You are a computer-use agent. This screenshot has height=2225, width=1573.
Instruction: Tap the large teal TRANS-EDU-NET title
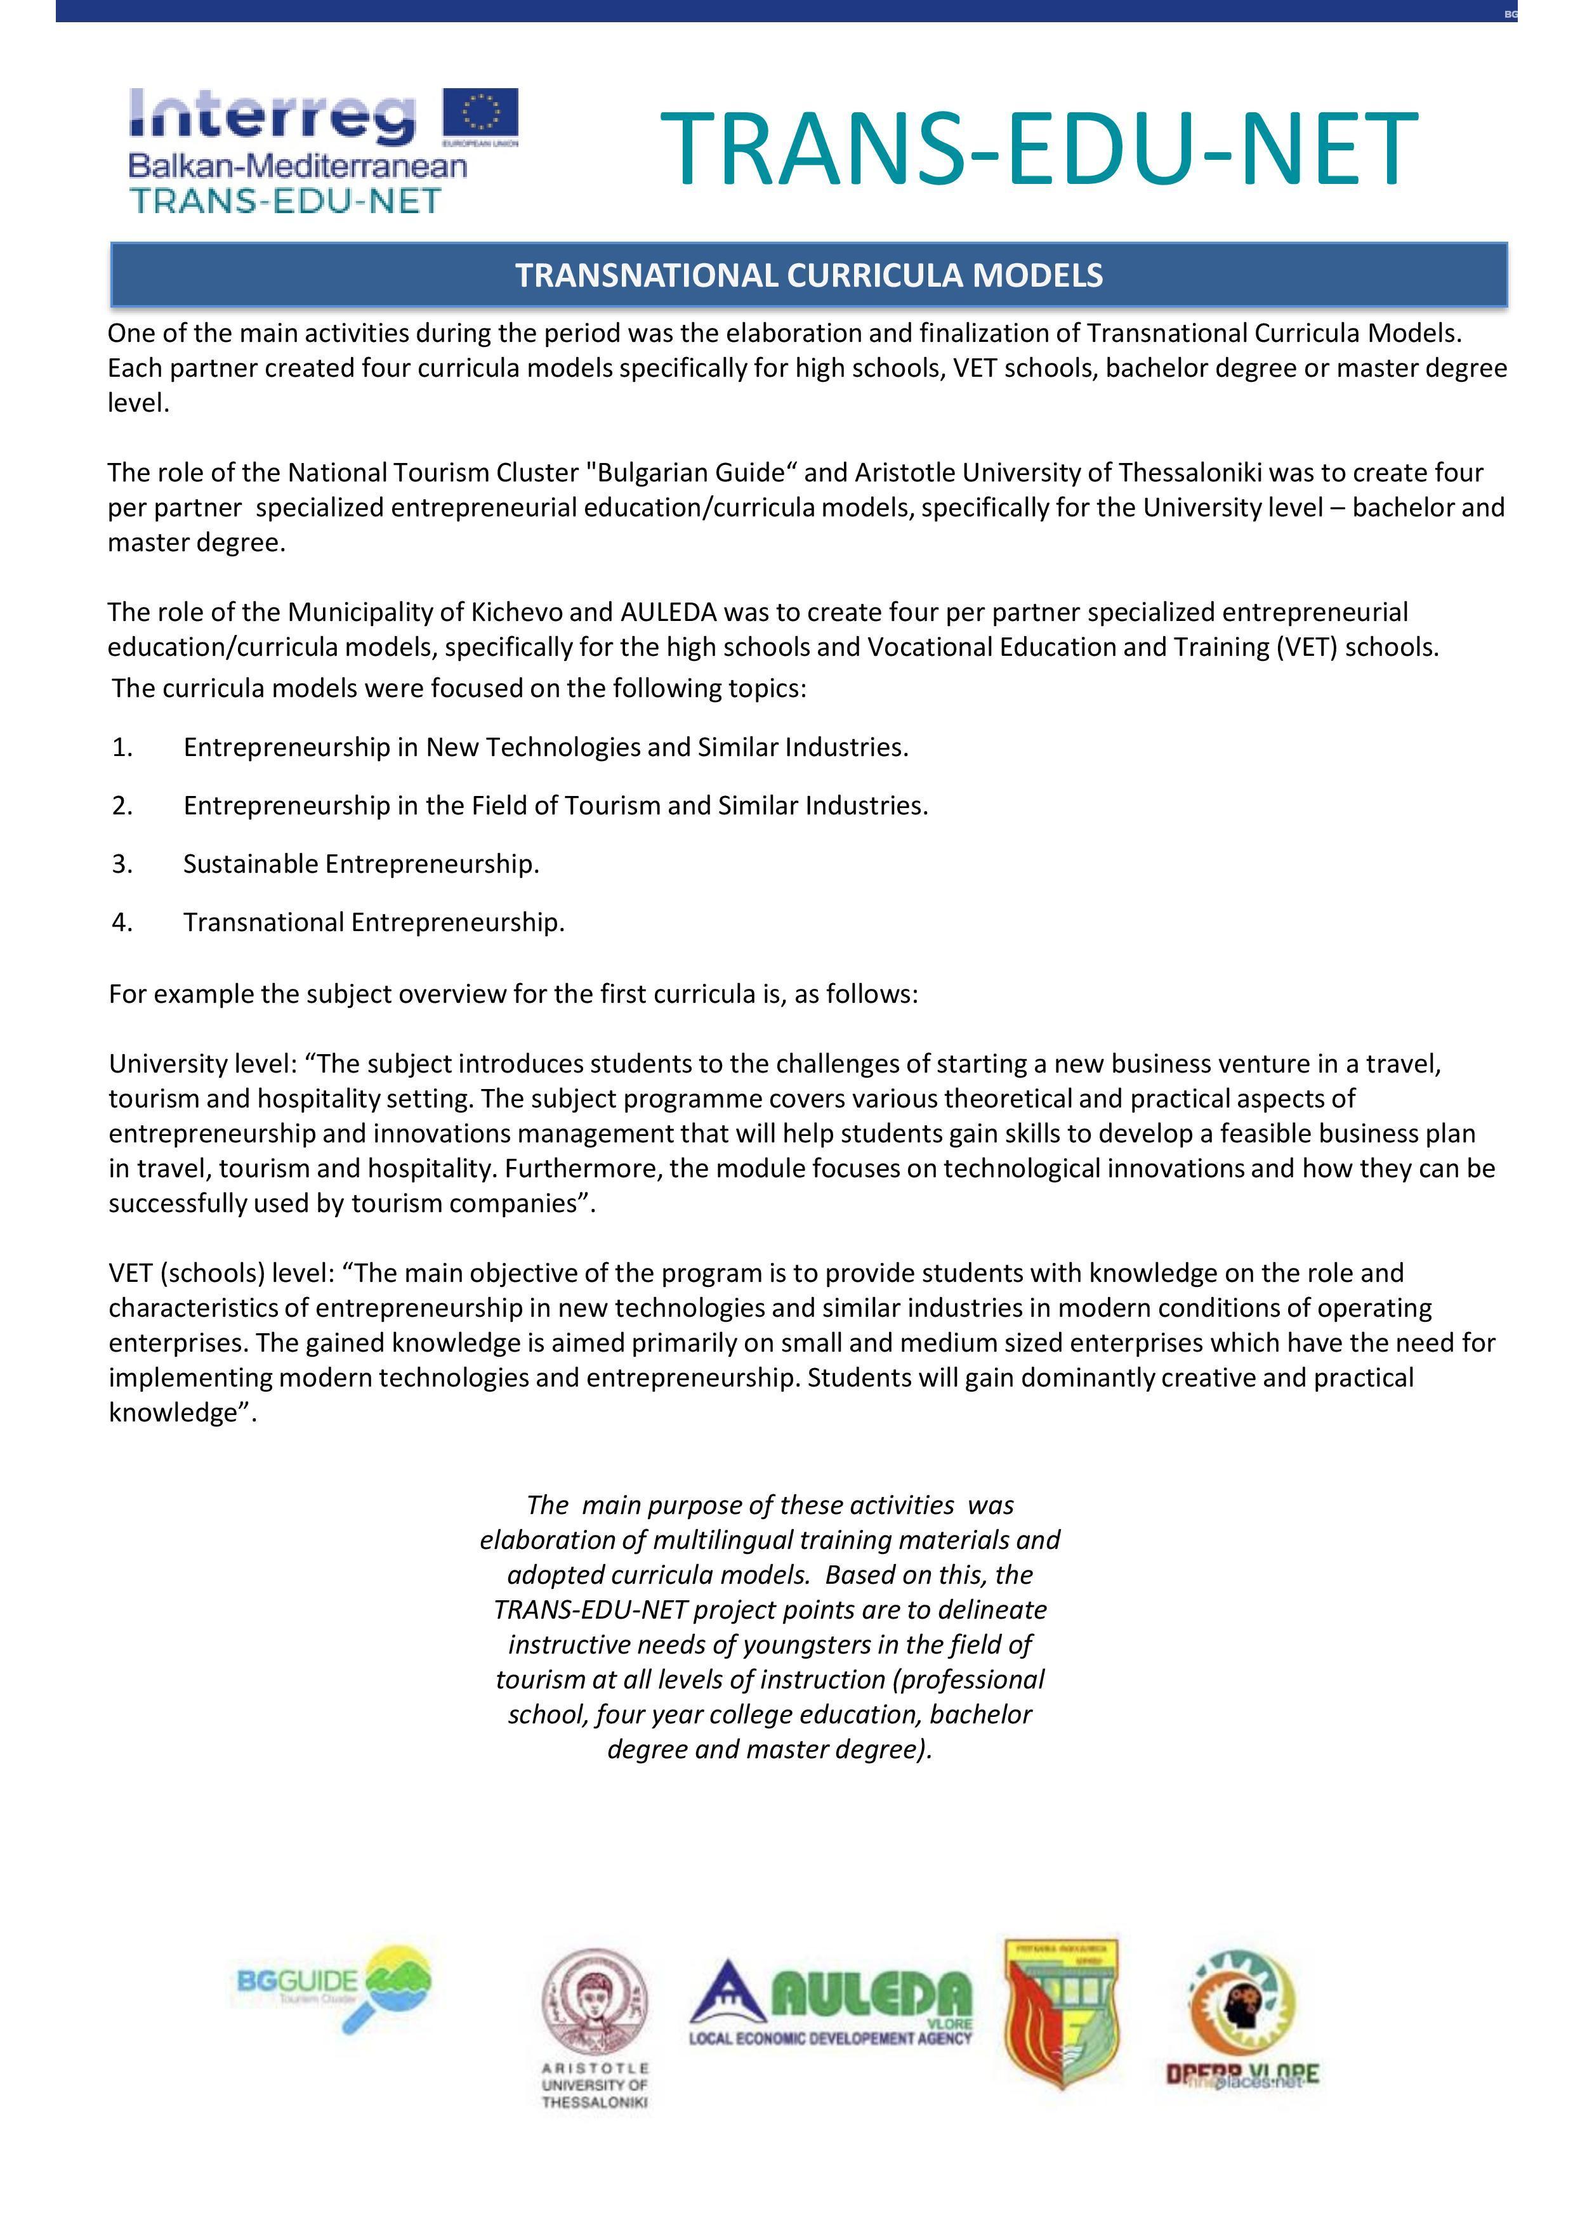click(1038, 148)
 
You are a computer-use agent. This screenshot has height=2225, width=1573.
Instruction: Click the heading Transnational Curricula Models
click(808, 275)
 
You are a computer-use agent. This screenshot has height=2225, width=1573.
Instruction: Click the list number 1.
click(122, 747)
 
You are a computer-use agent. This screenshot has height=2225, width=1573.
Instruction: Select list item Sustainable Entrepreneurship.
click(360, 863)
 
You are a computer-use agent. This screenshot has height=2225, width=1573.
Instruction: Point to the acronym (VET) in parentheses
click(1306, 648)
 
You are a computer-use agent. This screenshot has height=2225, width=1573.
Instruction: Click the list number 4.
click(122, 922)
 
